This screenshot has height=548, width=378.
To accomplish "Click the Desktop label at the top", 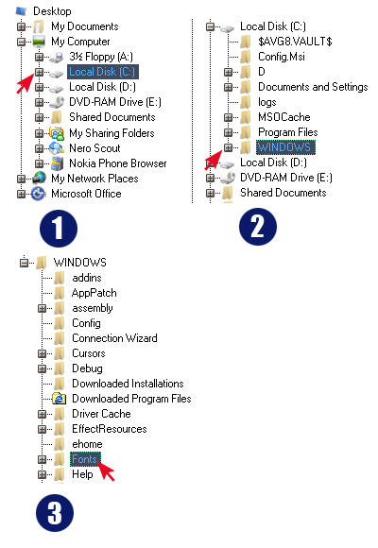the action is [x=52, y=11].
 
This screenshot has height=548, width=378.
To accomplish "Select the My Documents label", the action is [x=85, y=26].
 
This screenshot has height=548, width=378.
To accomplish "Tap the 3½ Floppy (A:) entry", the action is [x=101, y=57].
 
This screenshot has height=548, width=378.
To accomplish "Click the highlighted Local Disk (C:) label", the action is [x=102, y=72].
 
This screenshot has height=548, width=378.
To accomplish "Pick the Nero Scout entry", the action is [x=94, y=148].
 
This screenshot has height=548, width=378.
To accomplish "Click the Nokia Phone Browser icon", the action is [x=57, y=163].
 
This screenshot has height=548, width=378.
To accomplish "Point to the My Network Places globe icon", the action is [x=39, y=179].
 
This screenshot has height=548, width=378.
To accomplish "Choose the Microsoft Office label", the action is [x=86, y=194].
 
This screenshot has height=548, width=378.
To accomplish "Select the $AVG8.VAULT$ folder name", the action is [x=295, y=42].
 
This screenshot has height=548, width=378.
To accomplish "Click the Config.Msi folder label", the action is [x=282, y=57].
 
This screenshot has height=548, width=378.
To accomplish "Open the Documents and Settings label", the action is [x=313, y=87].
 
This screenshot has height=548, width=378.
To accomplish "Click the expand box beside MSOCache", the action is [x=228, y=117].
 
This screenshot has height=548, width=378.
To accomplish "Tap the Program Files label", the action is [x=288, y=132].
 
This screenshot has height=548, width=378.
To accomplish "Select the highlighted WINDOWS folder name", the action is [x=285, y=147].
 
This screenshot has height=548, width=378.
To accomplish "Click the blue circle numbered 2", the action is [x=258, y=227].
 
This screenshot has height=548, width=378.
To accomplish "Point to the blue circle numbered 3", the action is [x=55, y=513].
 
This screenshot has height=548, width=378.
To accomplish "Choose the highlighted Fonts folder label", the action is [x=85, y=459].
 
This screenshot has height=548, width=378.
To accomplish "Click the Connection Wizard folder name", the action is [x=114, y=338].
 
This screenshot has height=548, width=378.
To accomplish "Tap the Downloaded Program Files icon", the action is [x=60, y=399].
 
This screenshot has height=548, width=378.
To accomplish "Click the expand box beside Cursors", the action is [x=42, y=353].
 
